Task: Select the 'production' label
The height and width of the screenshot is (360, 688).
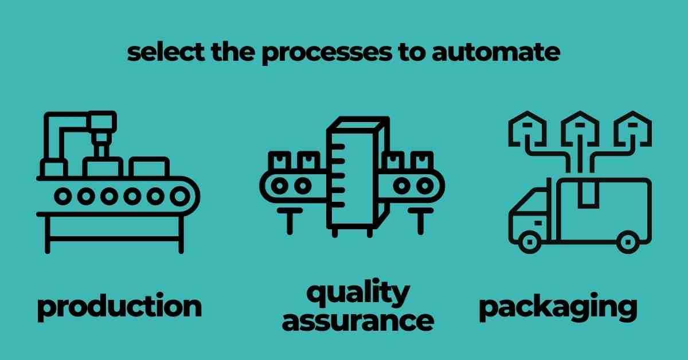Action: [119, 307]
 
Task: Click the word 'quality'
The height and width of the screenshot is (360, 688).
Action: [357, 293]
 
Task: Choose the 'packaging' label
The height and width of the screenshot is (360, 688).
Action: [557, 307]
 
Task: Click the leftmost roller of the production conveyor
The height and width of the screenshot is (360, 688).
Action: [62, 196]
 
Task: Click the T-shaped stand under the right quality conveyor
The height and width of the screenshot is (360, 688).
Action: [420, 221]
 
